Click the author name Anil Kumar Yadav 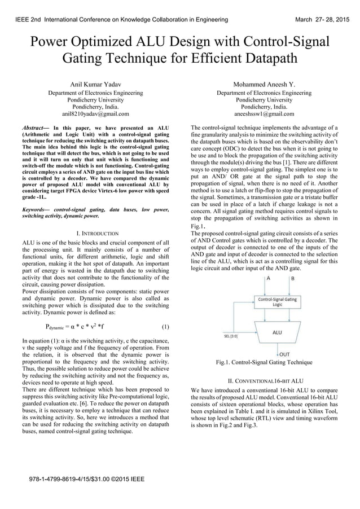click(95, 84)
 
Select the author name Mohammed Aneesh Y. click(264, 84)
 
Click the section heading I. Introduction click(97, 233)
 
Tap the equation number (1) click(165, 327)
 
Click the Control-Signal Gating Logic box click(277, 302)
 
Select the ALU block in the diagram click(277, 332)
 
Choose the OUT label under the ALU click(285, 354)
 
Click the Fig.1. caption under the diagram click(264, 362)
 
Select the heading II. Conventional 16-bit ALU click(264, 381)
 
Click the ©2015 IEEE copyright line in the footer click(87, 479)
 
